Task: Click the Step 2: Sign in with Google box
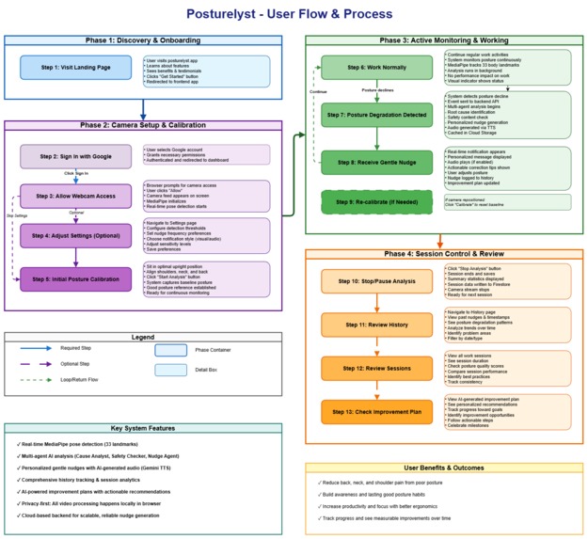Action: (x=75, y=156)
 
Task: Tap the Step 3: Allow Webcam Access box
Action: (x=75, y=196)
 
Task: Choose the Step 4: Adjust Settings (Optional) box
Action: (x=75, y=235)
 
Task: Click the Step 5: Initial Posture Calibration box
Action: (x=75, y=279)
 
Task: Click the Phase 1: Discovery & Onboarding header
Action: (x=142, y=41)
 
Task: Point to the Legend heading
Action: (x=142, y=337)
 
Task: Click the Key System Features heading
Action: (x=142, y=428)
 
